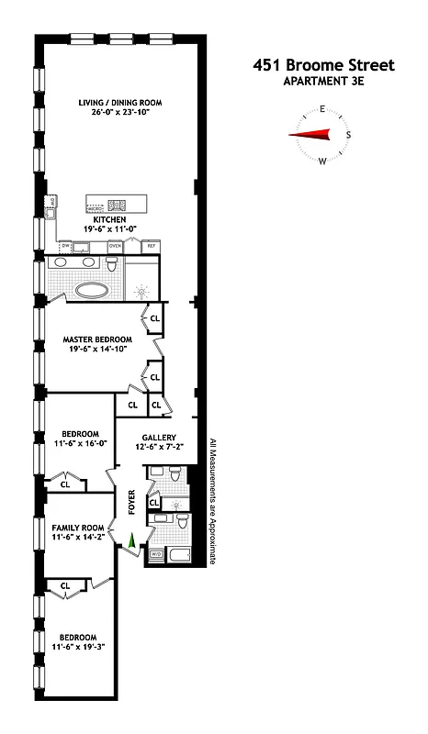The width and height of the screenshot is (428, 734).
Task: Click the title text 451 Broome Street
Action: point(322,65)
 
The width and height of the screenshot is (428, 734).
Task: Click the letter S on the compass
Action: point(347,135)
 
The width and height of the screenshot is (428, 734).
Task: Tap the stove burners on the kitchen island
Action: point(118,206)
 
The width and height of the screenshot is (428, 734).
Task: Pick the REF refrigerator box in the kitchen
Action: point(151,246)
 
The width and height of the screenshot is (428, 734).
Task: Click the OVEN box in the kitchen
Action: point(115,246)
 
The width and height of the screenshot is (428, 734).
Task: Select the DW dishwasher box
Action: point(66,246)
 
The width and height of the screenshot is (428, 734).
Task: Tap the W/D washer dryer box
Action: point(155,554)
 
